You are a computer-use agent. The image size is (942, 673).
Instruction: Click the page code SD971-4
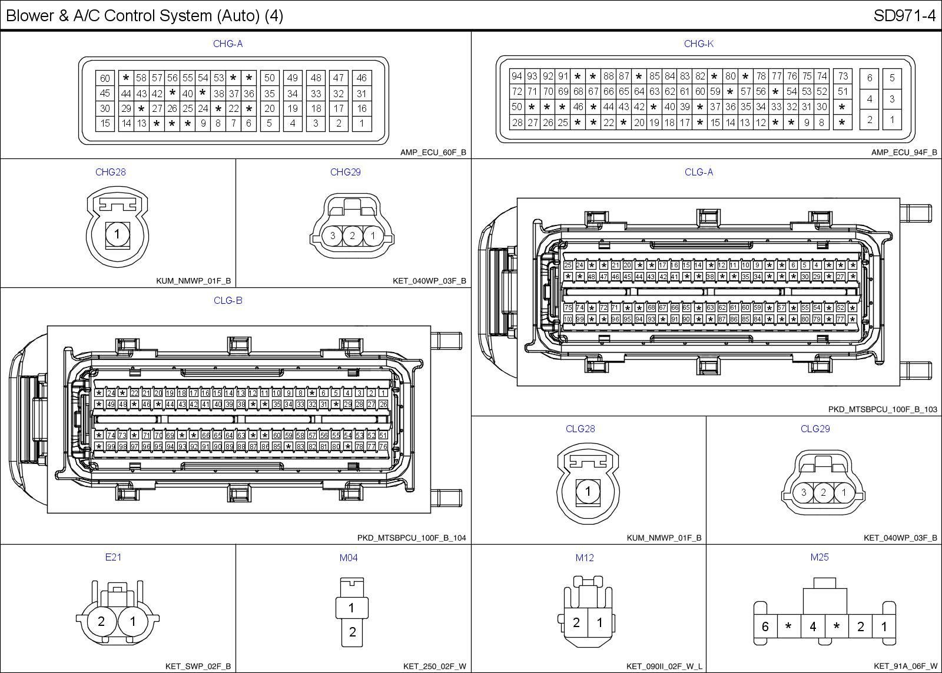coord(904,16)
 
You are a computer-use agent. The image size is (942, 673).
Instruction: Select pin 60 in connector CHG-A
coord(105,78)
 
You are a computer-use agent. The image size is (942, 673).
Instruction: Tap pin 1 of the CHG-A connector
coord(361,124)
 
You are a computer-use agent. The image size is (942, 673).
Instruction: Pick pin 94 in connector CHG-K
coord(517,76)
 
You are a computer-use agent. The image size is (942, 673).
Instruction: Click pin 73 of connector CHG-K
coord(843,76)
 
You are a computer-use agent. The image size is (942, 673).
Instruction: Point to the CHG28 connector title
coord(111,172)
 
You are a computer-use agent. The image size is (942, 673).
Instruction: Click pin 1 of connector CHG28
coord(117,234)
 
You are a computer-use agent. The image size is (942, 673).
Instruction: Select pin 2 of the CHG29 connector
coord(352,236)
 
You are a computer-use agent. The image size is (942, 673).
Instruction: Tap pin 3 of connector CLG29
coord(804,493)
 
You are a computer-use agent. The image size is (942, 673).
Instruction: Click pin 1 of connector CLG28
coord(588,491)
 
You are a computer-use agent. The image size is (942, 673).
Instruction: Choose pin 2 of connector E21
coord(101,621)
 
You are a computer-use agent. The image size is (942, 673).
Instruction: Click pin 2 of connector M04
coord(352,632)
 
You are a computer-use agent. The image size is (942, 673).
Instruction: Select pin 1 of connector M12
coord(599,622)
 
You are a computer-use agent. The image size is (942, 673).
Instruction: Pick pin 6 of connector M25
coord(765,627)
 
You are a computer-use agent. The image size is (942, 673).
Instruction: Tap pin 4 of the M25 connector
coord(812,627)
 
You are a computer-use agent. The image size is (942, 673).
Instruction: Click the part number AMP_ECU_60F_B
coord(433,152)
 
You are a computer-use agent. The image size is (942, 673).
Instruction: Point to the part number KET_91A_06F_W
coord(905,666)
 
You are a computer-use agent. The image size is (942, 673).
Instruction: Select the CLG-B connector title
coord(228,300)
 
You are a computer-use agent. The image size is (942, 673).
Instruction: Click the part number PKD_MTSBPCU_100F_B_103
coord(882,409)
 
